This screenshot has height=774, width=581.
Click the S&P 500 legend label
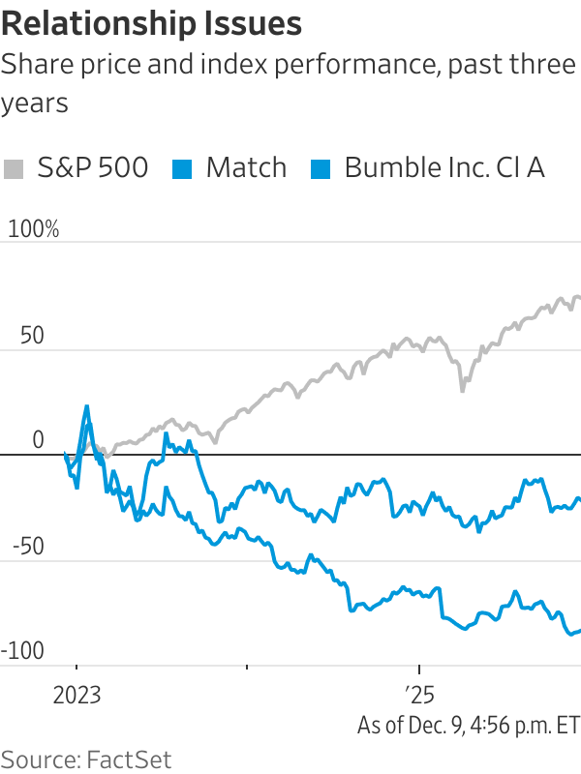tap(92, 167)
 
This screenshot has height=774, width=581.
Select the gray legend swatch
tap(14, 168)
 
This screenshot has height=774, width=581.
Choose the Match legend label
tap(246, 167)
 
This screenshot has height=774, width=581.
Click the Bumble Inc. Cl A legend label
tap(444, 167)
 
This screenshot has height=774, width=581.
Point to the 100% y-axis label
tap(33, 229)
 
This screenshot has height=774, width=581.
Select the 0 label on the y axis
tap(38, 439)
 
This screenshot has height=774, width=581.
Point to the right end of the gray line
tap(579, 298)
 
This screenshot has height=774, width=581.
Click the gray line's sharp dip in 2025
tap(462, 390)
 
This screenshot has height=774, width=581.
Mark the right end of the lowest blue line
tap(579, 631)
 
